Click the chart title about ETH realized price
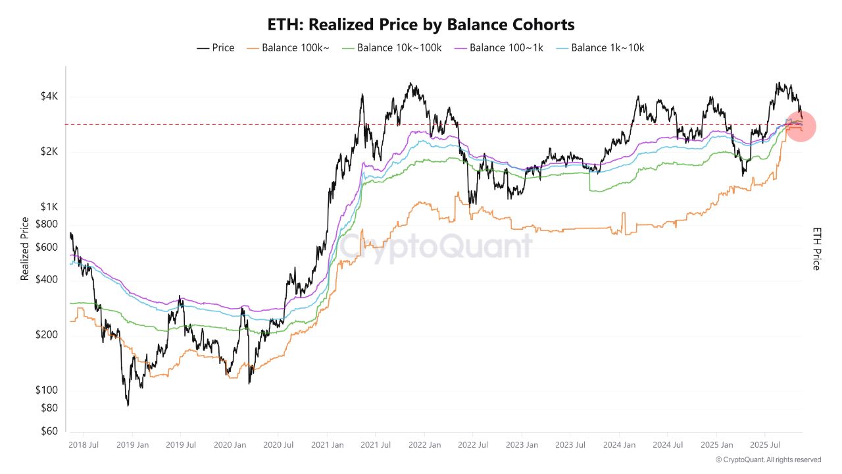pos(421,25)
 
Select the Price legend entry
pos(216,47)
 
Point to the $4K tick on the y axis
pos(49,97)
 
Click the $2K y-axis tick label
pos(49,152)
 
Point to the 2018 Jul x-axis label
pos(84,445)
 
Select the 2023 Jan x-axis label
pos(522,445)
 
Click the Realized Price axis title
pos(25,249)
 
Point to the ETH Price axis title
pos(817,249)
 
